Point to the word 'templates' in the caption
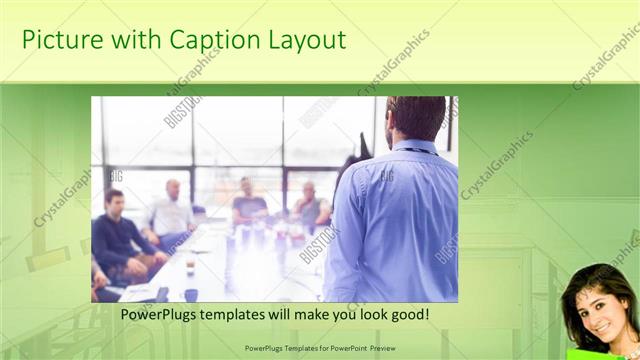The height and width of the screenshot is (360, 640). pyautogui.click(x=250, y=314)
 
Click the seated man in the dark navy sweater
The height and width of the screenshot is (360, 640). pyautogui.click(x=116, y=235)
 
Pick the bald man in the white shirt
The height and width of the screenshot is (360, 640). pyautogui.click(x=172, y=211)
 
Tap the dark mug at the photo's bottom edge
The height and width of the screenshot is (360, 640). pyautogui.click(x=191, y=294)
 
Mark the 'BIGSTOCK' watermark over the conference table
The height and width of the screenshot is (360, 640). pyautogui.click(x=319, y=245)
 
